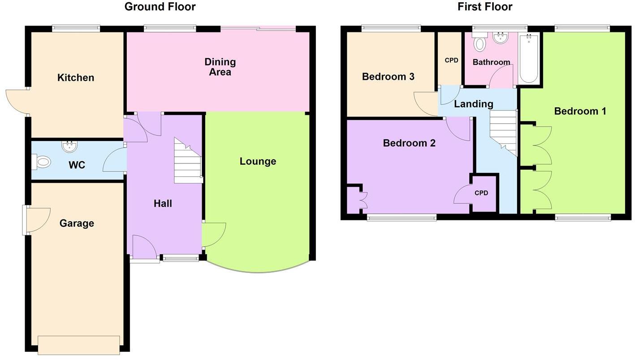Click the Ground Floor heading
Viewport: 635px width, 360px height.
pos(160,7)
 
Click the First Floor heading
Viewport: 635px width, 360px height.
pos(485,7)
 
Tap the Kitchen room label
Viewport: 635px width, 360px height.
pos(76,78)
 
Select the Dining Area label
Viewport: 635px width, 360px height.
pos(220,67)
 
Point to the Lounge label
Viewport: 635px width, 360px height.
pos(258,162)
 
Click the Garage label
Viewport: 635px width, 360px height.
pos(77,223)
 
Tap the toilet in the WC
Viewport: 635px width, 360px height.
pos(41,162)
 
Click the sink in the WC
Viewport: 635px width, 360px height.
pos(69,146)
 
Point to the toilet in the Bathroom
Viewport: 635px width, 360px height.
pos(479,43)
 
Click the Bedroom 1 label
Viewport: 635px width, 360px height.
pos(580,111)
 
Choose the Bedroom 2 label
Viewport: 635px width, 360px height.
pos(409,143)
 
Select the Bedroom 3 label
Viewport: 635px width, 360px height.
pos(388,77)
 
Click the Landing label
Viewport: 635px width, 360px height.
pos(474,104)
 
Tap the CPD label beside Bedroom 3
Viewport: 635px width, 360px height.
pos(451,60)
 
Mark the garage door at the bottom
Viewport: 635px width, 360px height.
pos(79,345)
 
